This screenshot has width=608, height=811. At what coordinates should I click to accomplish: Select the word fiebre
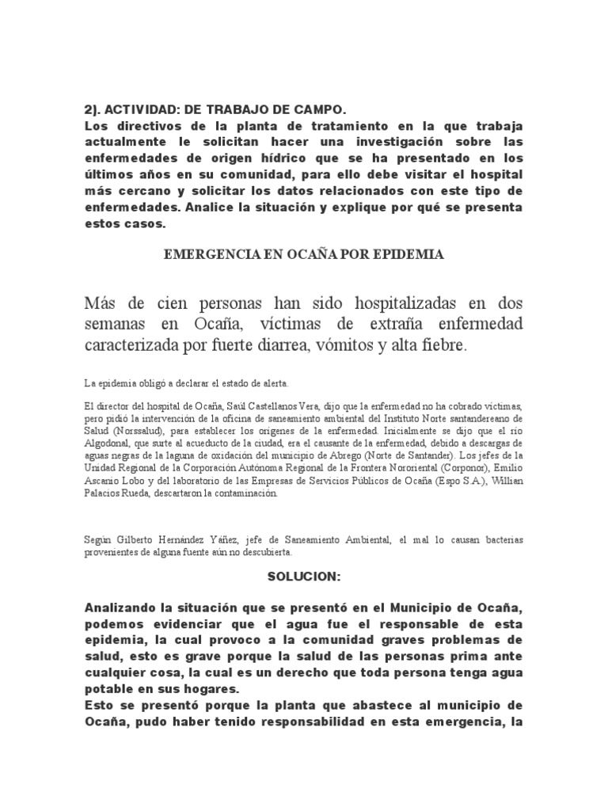point(443,345)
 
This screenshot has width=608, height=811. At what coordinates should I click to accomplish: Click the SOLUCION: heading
point(304,577)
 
